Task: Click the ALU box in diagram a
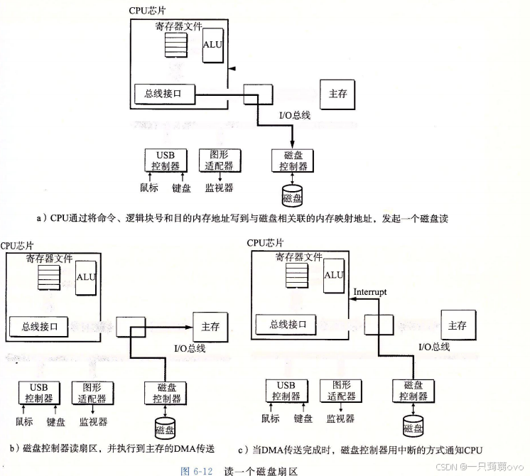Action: [x=212, y=45]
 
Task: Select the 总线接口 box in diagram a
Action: [x=164, y=93]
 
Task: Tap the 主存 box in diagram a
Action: [x=337, y=94]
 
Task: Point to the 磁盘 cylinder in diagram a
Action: [x=292, y=196]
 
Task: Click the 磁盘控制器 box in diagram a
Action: [x=291, y=161]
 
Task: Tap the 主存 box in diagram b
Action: [x=210, y=326]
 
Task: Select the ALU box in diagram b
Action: [x=87, y=276]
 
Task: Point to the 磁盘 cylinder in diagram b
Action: [x=166, y=428]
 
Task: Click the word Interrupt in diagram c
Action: [x=371, y=292]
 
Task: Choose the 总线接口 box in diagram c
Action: [x=287, y=325]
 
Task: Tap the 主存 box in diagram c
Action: [x=457, y=325]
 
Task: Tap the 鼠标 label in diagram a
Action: [x=149, y=188]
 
